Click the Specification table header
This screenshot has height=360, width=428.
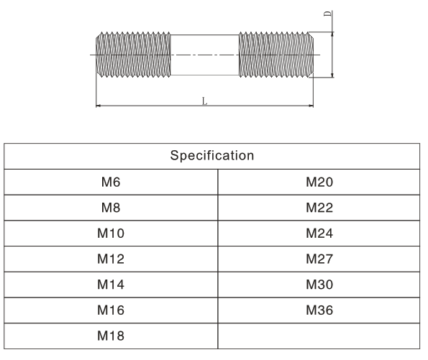(x=211, y=156)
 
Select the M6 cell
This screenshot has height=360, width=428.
(x=111, y=182)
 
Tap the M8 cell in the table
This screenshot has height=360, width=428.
(x=111, y=208)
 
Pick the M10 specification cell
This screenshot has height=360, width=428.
(x=111, y=234)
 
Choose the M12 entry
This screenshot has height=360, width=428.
(x=111, y=259)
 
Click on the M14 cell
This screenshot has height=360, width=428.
(x=111, y=285)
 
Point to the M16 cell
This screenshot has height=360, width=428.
(x=111, y=310)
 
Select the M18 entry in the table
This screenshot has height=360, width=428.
(x=111, y=336)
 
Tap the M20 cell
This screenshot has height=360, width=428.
(x=319, y=182)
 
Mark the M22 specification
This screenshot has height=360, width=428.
(x=319, y=208)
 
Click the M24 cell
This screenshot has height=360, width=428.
(x=319, y=234)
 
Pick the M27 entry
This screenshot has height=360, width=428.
(x=319, y=259)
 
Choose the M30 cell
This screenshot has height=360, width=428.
(x=319, y=285)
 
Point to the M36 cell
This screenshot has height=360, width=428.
(x=319, y=310)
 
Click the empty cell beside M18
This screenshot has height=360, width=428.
(x=319, y=336)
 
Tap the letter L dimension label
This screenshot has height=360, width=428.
(x=204, y=101)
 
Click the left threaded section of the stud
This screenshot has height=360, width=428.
(x=133, y=55)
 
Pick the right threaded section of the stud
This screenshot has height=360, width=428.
(x=276, y=55)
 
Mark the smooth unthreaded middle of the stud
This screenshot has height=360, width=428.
(x=205, y=55)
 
